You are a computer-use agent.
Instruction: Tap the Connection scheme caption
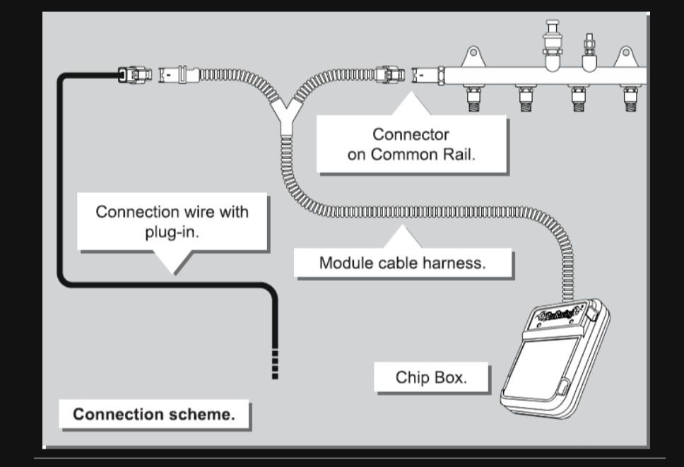pyautogui.click(x=154, y=414)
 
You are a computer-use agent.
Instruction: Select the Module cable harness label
pyautogui.click(x=403, y=264)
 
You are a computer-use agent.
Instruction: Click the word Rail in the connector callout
pyautogui.click(x=456, y=155)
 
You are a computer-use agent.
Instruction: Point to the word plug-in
pyautogui.click(x=172, y=231)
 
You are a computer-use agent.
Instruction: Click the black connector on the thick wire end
pyautogui.click(x=134, y=74)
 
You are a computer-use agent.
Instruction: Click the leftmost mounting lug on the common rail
pyautogui.click(x=471, y=55)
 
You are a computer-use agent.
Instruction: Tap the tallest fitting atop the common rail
pyautogui.click(x=552, y=39)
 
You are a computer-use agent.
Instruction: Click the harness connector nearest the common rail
pyautogui.click(x=390, y=73)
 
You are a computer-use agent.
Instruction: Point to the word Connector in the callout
pyautogui.click(x=411, y=134)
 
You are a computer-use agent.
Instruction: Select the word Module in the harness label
pyautogui.click(x=343, y=264)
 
